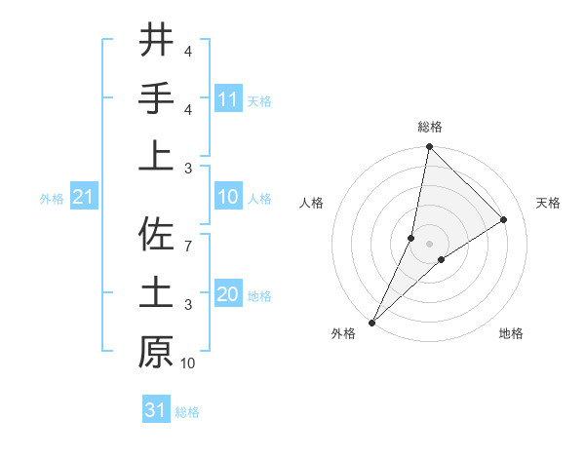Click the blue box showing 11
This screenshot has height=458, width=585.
[x=227, y=99]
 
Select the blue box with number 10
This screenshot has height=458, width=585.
[x=227, y=198]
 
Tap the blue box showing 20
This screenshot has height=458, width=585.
[x=227, y=295]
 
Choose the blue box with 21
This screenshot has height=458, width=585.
[x=84, y=198]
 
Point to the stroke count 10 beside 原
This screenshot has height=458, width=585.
[x=188, y=363]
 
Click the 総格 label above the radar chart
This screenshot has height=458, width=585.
[x=430, y=127]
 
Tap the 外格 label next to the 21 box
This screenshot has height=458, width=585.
[x=52, y=199]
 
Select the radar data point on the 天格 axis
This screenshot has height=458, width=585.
[x=504, y=220]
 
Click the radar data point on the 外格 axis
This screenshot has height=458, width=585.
[x=372, y=323]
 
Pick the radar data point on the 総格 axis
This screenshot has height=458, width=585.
[x=430, y=147]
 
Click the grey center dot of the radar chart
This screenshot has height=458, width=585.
[x=430, y=244]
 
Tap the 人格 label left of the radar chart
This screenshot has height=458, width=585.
[x=312, y=203]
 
